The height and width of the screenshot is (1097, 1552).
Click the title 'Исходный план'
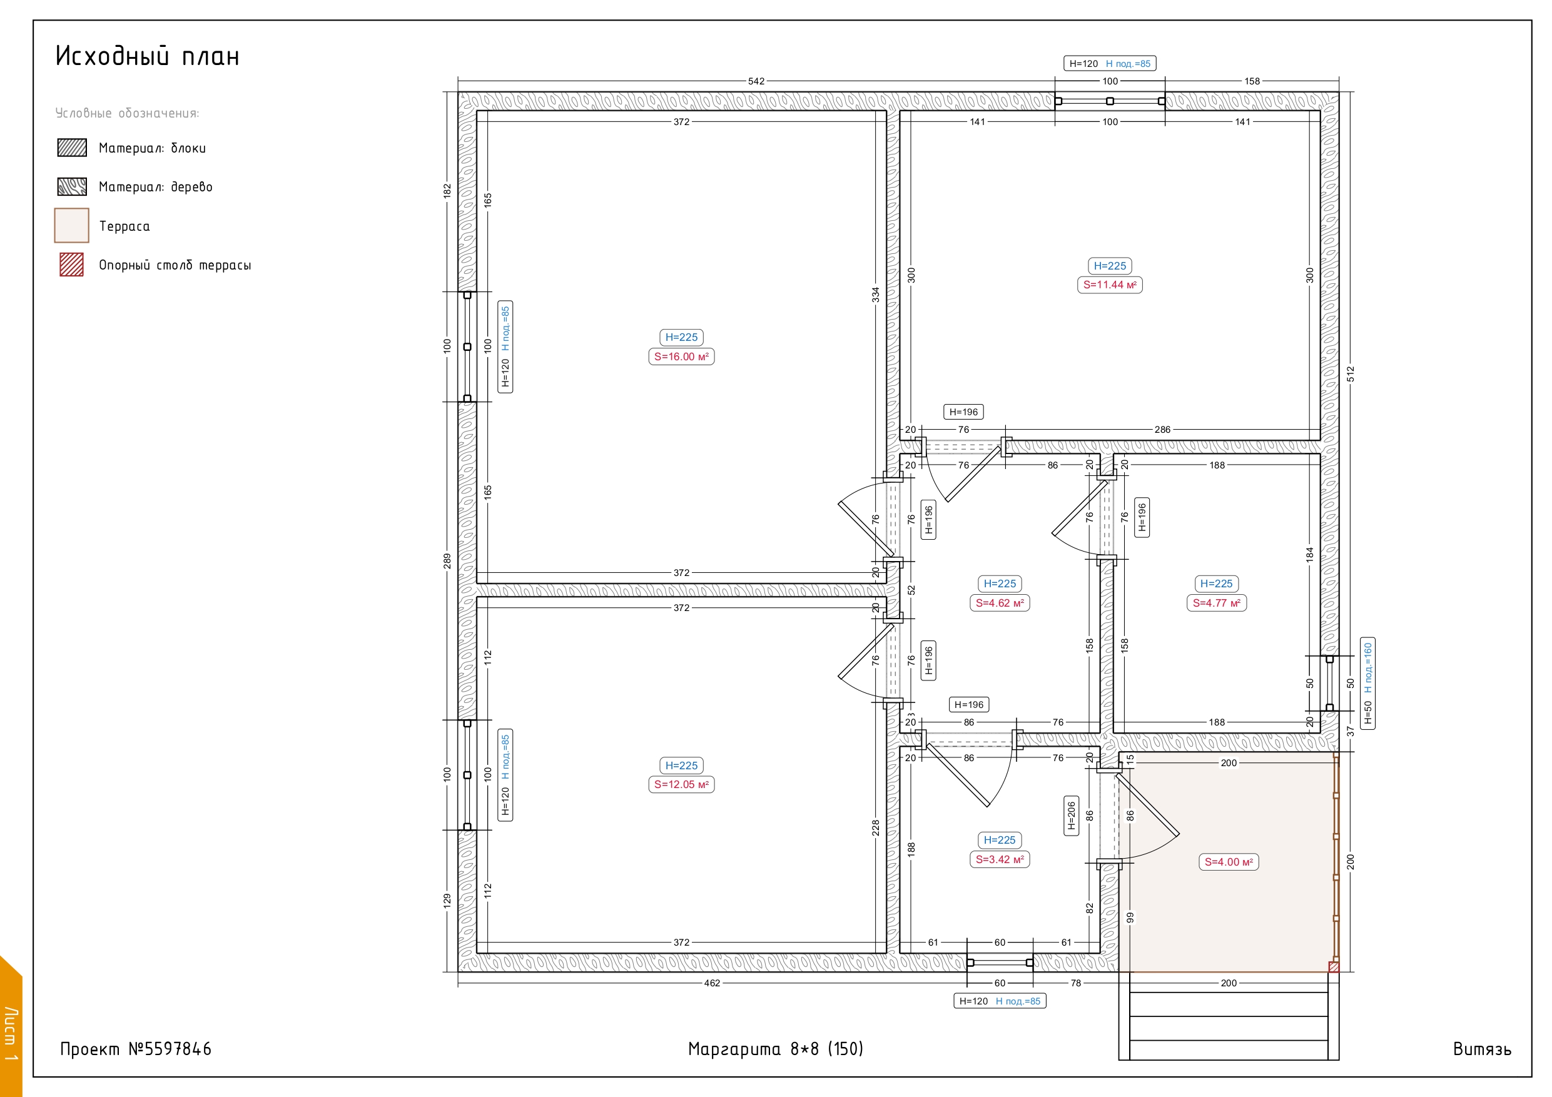[x=148, y=56]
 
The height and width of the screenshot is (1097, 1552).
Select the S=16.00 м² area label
[x=681, y=357]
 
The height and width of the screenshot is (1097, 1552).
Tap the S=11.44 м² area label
[x=1110, y=285]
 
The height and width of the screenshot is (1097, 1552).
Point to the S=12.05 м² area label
[x=681, y=785]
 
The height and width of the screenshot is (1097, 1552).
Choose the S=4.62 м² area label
[x=1000, y=604]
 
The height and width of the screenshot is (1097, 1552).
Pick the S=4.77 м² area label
[x=1217, y=604]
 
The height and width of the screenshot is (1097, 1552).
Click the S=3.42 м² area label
[x=1000, y=860]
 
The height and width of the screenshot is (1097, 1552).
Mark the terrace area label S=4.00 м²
[x=1229, y=862]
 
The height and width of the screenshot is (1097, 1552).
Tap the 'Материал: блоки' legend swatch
[x=72, y=148]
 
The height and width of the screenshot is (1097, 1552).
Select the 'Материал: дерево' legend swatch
[x=72, y=186]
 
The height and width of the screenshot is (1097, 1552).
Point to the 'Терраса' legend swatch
[x=72, y=225]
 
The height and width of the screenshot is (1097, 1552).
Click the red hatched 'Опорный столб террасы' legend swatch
[x=72, y=265]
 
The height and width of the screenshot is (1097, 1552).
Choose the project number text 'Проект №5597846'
[x=136, y=1049]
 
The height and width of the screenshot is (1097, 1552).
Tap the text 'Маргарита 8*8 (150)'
[x=775, y=1049]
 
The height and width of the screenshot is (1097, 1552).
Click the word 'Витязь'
[x=1483, y=1049]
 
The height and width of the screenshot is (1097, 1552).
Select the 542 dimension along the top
[x=756, y=81]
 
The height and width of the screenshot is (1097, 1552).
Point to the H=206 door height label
[x=1072, y=816]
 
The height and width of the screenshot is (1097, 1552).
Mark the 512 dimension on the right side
[x=1351, y=375]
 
